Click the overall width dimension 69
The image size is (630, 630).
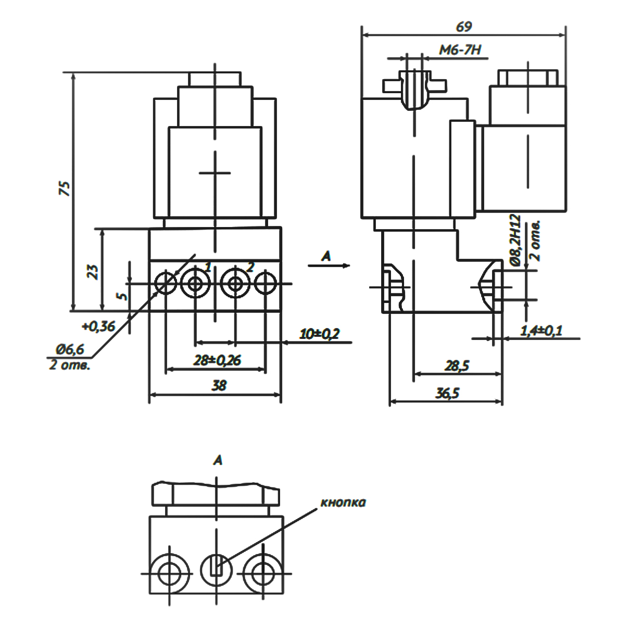click(x=463, y=27)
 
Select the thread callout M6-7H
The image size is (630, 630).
click(x=460, y=50)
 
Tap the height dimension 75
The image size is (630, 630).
click(x=65, y=188)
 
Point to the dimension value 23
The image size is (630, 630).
click(x=93, y=271)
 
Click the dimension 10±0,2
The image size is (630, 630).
click(x=319, y=334)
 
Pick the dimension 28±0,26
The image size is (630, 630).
click(x=217, y=360)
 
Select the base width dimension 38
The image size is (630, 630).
click(x=219, y=385)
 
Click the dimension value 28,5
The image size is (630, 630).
click(x=457, y=366)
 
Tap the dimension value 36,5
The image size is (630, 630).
click(x=448, y=393)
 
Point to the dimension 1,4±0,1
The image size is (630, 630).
click(x=541, y=330)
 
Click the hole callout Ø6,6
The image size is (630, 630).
click(x=70, y=349)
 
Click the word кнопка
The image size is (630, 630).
click(x=343, y=502)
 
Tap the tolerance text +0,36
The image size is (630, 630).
click(x=98, y=326)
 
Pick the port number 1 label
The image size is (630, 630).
click(x=208, y=267)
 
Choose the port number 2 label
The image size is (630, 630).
click(x=250, y=267)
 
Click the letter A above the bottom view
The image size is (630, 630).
click(x=218, y=460)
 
